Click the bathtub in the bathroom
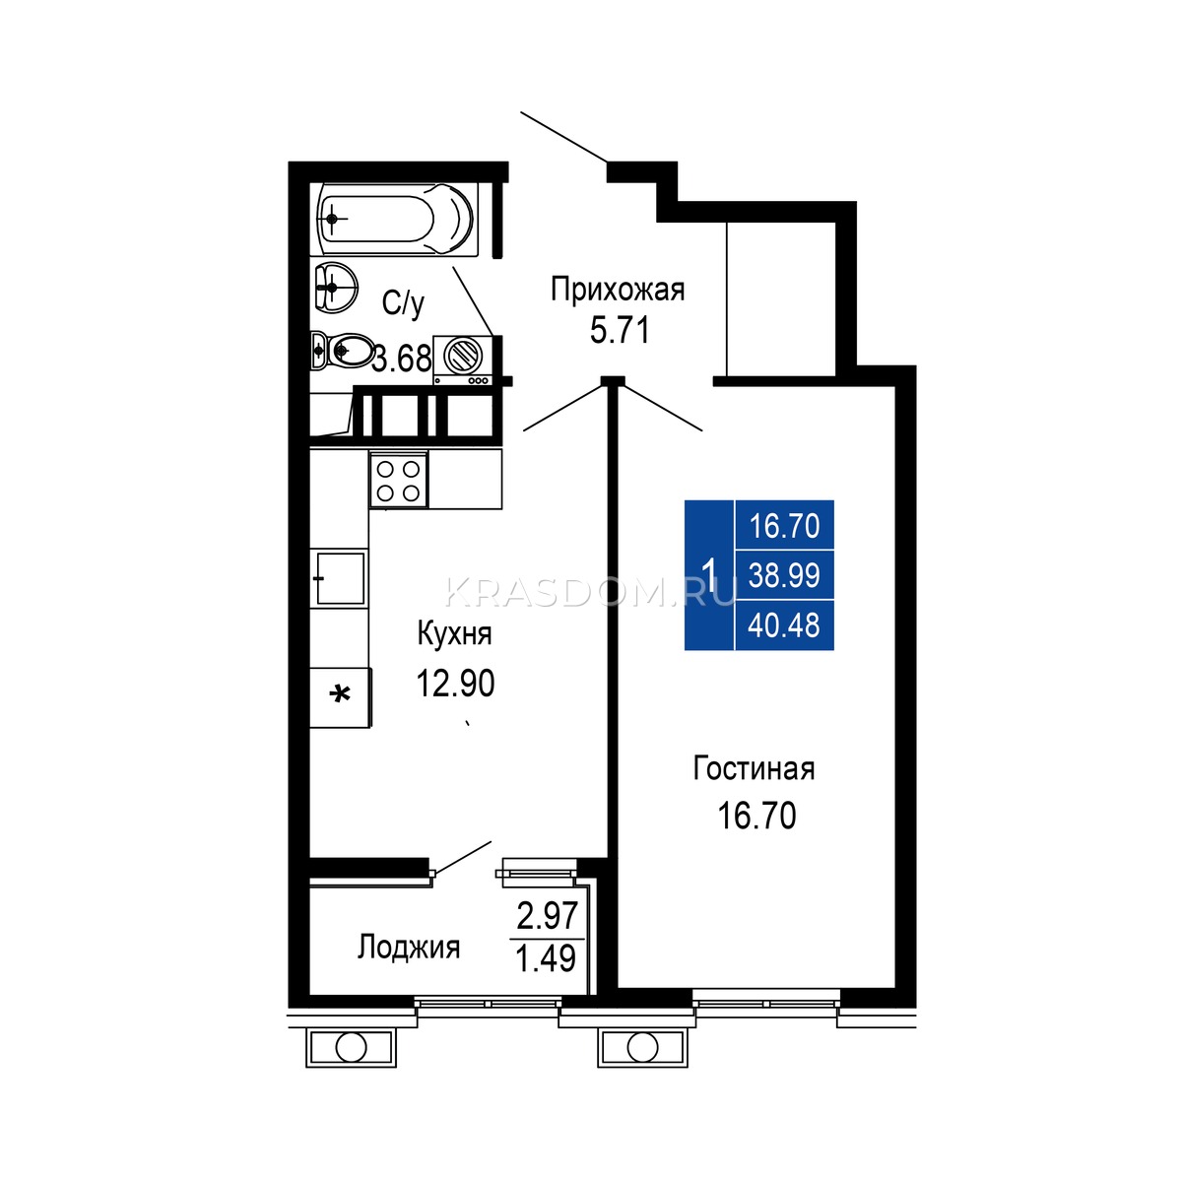pyautogui.click(x=395, y=219)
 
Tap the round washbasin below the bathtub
pyautogui.click(x=335, y=286)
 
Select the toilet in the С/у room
pyautogui.click(x=341, y=351)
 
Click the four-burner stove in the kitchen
pyautogui.click(x=398, y=480)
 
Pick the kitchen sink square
pyautogui.click(x=339, y=578)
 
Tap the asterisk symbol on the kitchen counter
pyautogui.click(x=340, y=695)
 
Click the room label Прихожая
pyautogui.click(x=617, y=291)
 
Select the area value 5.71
pyautogui.click(x=620, y=332)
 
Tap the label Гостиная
pyautogui.click(x=754, y=768)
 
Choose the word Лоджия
pyautogui.click(x=409, y=947)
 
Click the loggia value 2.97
pyautogui.click(x=547, y=916)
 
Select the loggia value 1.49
pyautogui.click(x=546, y=958)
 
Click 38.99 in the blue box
pyautogui.click(x=784, y=575)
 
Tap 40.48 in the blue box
pyautogui.click(x=784, y=625)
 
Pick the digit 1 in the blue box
pyautogui.click(x=709, y=574)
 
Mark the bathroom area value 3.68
pyautogui.click(x=403, y=359)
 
